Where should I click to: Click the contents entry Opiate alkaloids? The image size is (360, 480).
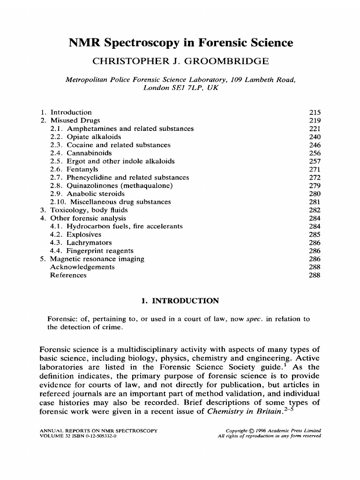tap(93, 137)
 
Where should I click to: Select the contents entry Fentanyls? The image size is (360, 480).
tap(82, 170)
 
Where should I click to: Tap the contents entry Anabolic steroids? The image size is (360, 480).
tap(96, 194)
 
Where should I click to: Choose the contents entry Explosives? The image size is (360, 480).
tap(84, 235)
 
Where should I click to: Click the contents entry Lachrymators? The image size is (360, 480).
tap(89, 243)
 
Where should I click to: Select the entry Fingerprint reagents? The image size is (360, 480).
tap(100, 251)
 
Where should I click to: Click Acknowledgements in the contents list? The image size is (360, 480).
tap(82, 267)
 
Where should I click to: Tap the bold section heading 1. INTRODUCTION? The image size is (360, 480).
tap(180, 301)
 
